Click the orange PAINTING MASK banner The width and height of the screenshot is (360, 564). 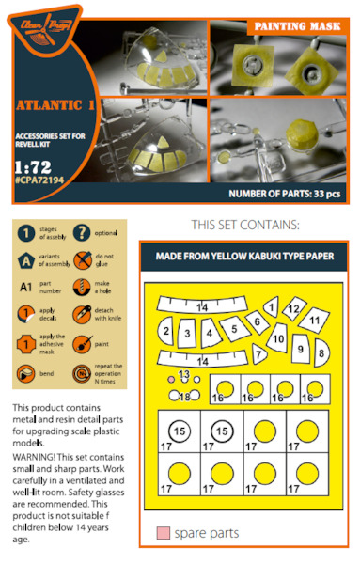tap(300, 26)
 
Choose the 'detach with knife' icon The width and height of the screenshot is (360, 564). tap(82, 316)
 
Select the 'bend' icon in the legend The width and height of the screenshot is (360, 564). tap(29, 374)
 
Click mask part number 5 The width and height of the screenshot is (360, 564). tap(232, 330)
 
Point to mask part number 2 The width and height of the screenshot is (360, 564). tap(165, 330)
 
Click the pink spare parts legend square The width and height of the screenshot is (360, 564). tap(163, 534)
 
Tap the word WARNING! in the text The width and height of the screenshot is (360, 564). tap(36, 458)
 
